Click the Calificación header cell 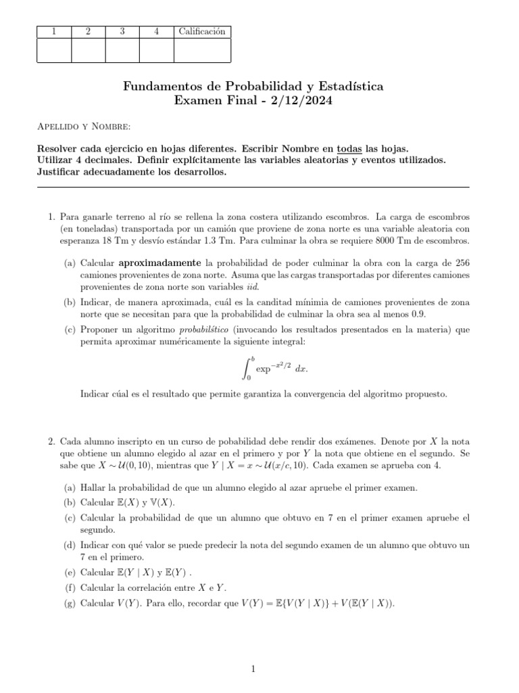(x=202, y=31)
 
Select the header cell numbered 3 (x=122, y=31)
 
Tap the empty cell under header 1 (x=53, y=50)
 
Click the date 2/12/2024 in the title (x=300, y=101)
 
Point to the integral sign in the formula (x=247, y=367)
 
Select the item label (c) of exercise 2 (x=70, y=518)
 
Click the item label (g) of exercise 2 (x=70, y=602)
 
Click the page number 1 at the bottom (x=253, y=669)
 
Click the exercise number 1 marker (x=51, y=217)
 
